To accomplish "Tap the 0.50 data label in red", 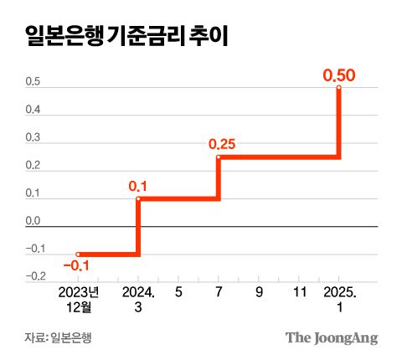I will tap(339, 75).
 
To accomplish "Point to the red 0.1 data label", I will tap(137, 186).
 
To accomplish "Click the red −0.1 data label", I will tap(76, 266).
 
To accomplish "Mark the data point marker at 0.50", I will tap(339, 87).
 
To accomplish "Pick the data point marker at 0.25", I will tap(218, 157).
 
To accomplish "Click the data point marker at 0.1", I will tap(137, 198).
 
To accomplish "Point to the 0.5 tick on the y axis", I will tap(33, 82).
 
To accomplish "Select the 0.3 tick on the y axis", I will tap(33, 138).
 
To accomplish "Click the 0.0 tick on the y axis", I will tap(33, 221).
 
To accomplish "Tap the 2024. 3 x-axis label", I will tap(137, 300).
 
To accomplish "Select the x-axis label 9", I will tap(259, 293).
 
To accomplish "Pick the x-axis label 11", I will tap(299, 293).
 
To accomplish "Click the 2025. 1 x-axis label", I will tap(339, 300).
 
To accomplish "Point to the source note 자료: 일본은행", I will tap(58, 337).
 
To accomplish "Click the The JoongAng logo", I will tap(332, 337).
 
